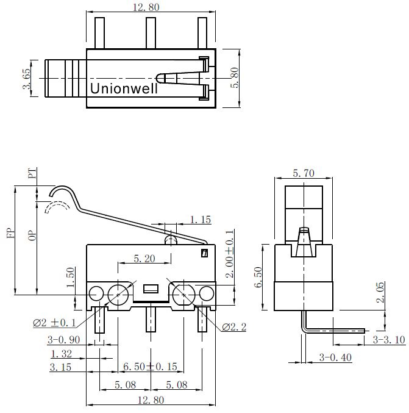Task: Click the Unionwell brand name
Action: [x=124, y=88]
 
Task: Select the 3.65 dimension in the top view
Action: [x=27, y=79]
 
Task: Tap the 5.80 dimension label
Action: [x=234, y=77]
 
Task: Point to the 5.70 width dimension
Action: [x=304, y=173]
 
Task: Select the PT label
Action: [x=32, y=174]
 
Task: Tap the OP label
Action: [x=32, y=235]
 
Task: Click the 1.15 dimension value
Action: [x=201, y=220]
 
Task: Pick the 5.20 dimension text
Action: [x=144, y=259]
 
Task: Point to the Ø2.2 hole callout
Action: [x=234, y=327]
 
